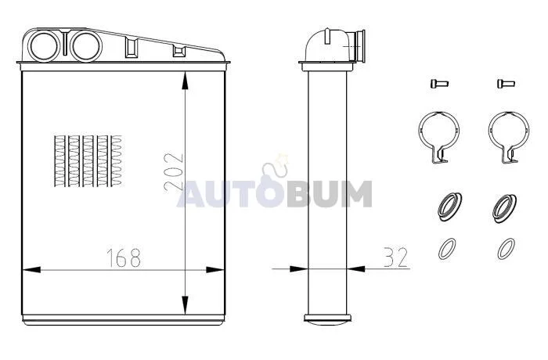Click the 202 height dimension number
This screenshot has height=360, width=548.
174,172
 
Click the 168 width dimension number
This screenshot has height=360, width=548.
124,258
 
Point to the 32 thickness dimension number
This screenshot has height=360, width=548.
396,257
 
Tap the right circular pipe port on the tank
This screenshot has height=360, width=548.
86,46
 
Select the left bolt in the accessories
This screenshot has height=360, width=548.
439,84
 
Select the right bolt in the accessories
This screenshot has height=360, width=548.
506,84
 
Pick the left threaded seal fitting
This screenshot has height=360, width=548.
450,207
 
